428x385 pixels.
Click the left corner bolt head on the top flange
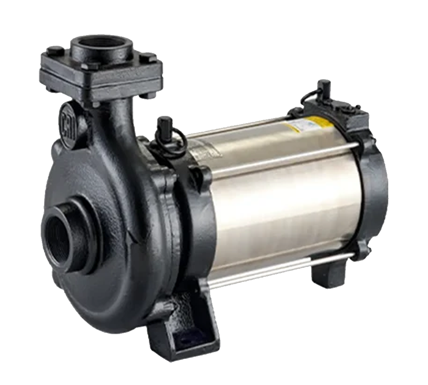point(55,50)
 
